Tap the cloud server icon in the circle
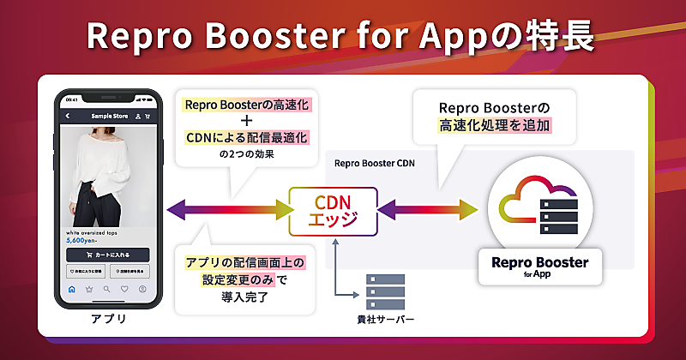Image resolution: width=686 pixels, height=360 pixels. click(x=533, y=207)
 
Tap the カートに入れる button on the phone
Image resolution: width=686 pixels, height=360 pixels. click(x=107, y=255)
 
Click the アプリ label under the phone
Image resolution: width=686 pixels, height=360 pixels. click(x=108, y=320)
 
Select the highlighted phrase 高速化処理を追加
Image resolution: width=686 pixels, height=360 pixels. click(x=493, y=125)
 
